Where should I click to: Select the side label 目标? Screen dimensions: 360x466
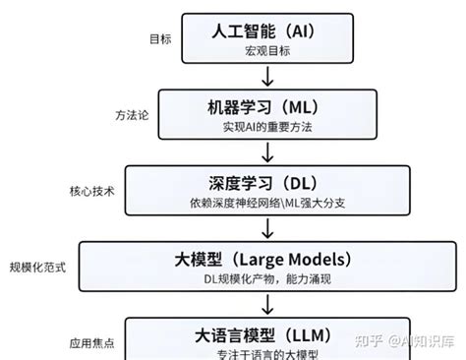click(x=159, y=40)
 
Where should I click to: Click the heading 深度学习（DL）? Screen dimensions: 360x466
click(x=263, y=184)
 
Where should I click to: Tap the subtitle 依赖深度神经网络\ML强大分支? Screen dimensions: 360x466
click(x=263, y=205)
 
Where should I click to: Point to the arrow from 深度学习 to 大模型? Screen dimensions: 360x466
click(x=264, y=228)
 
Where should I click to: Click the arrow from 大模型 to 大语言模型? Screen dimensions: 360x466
click(x=264, y=305)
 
